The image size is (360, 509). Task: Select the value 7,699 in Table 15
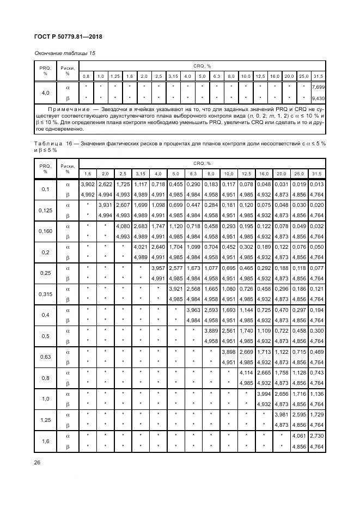[318, 87]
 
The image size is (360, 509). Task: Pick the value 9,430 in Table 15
[318, 99]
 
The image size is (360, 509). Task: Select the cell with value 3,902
[87, 185]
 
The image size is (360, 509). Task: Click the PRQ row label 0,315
[45, 294]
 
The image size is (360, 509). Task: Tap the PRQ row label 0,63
[45, 357]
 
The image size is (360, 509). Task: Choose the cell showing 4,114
[246, 373]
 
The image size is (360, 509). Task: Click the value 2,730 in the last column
[317, 436]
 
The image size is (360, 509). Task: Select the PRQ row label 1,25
[45, 420]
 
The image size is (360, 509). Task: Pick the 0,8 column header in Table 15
[86, 76]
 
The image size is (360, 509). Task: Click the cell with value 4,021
[140, 247]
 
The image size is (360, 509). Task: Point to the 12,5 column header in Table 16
[246, 174]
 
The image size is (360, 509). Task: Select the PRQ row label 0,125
[45, 210]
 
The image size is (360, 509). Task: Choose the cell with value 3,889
[211, 331]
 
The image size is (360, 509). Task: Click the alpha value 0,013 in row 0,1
[317, 185]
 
